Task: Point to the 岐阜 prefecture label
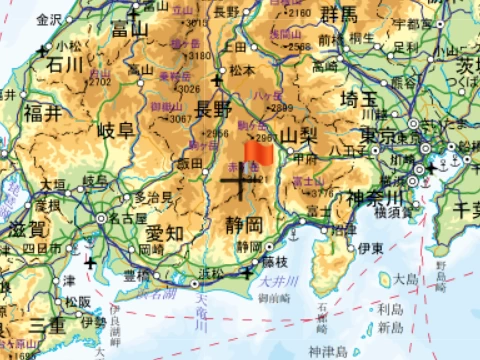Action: pyautogui.click(x=115, y=130)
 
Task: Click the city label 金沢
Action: pyautogui.click(x=48, y=19)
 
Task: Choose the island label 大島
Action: pyautogui.click(x=405, y=279)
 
